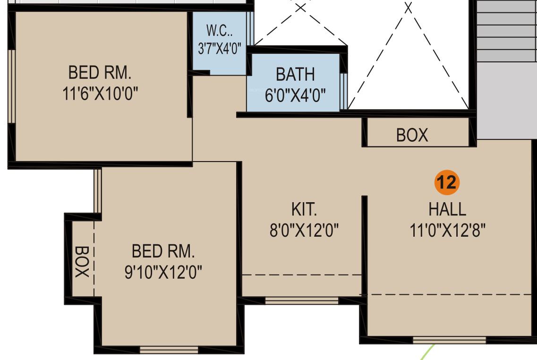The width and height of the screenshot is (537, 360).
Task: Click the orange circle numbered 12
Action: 447,182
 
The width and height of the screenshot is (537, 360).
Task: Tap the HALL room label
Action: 447,209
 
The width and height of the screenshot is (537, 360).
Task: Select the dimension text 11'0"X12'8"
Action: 448,230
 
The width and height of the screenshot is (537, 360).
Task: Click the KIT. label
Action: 304,209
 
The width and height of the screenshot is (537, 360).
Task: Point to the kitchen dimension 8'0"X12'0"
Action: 304,230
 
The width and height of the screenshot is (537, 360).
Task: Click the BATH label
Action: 295,74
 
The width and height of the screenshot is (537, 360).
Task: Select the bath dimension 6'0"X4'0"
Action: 295,95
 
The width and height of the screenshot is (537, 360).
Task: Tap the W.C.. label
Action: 220,31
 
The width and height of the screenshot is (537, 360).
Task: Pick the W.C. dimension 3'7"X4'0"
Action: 220,49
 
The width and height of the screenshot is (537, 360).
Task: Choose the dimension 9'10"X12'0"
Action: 163,272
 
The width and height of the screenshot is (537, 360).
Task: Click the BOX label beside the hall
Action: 412,135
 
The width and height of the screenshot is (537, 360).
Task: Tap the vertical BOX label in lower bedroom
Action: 82,262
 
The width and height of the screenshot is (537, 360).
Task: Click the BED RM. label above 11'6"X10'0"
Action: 100,73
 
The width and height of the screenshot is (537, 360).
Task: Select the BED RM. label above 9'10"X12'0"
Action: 163,251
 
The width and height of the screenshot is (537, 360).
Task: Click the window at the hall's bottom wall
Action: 449,340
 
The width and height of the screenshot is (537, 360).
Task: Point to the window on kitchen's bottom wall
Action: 302,301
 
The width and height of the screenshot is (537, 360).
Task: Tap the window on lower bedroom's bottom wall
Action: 169,350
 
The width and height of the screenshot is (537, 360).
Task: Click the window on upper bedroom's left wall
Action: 12,86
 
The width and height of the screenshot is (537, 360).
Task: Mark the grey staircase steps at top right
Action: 506,31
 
